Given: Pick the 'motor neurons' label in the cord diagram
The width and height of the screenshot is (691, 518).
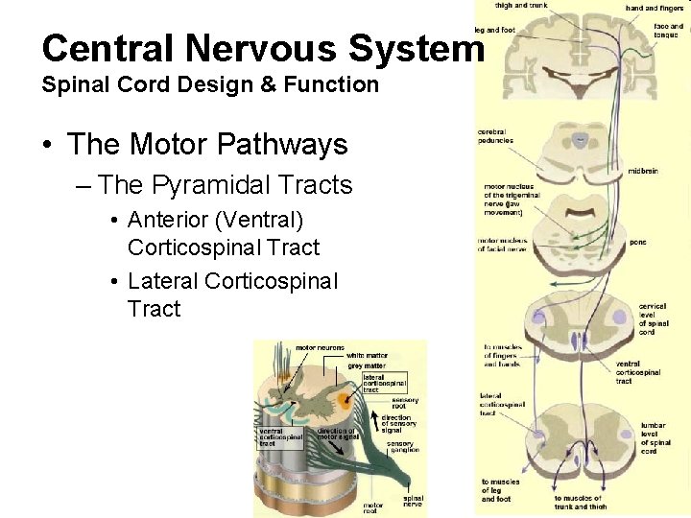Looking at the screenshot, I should point(320,347).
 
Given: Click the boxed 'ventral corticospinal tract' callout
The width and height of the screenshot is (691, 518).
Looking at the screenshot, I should point(280,437).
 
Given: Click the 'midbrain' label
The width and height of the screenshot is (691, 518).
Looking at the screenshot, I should point(643,171).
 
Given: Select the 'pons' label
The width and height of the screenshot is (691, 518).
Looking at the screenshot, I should point(638,242).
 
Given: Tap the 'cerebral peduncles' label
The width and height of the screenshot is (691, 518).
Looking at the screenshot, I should point(495,136).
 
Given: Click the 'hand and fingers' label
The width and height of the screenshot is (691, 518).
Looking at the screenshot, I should point(650,8).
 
